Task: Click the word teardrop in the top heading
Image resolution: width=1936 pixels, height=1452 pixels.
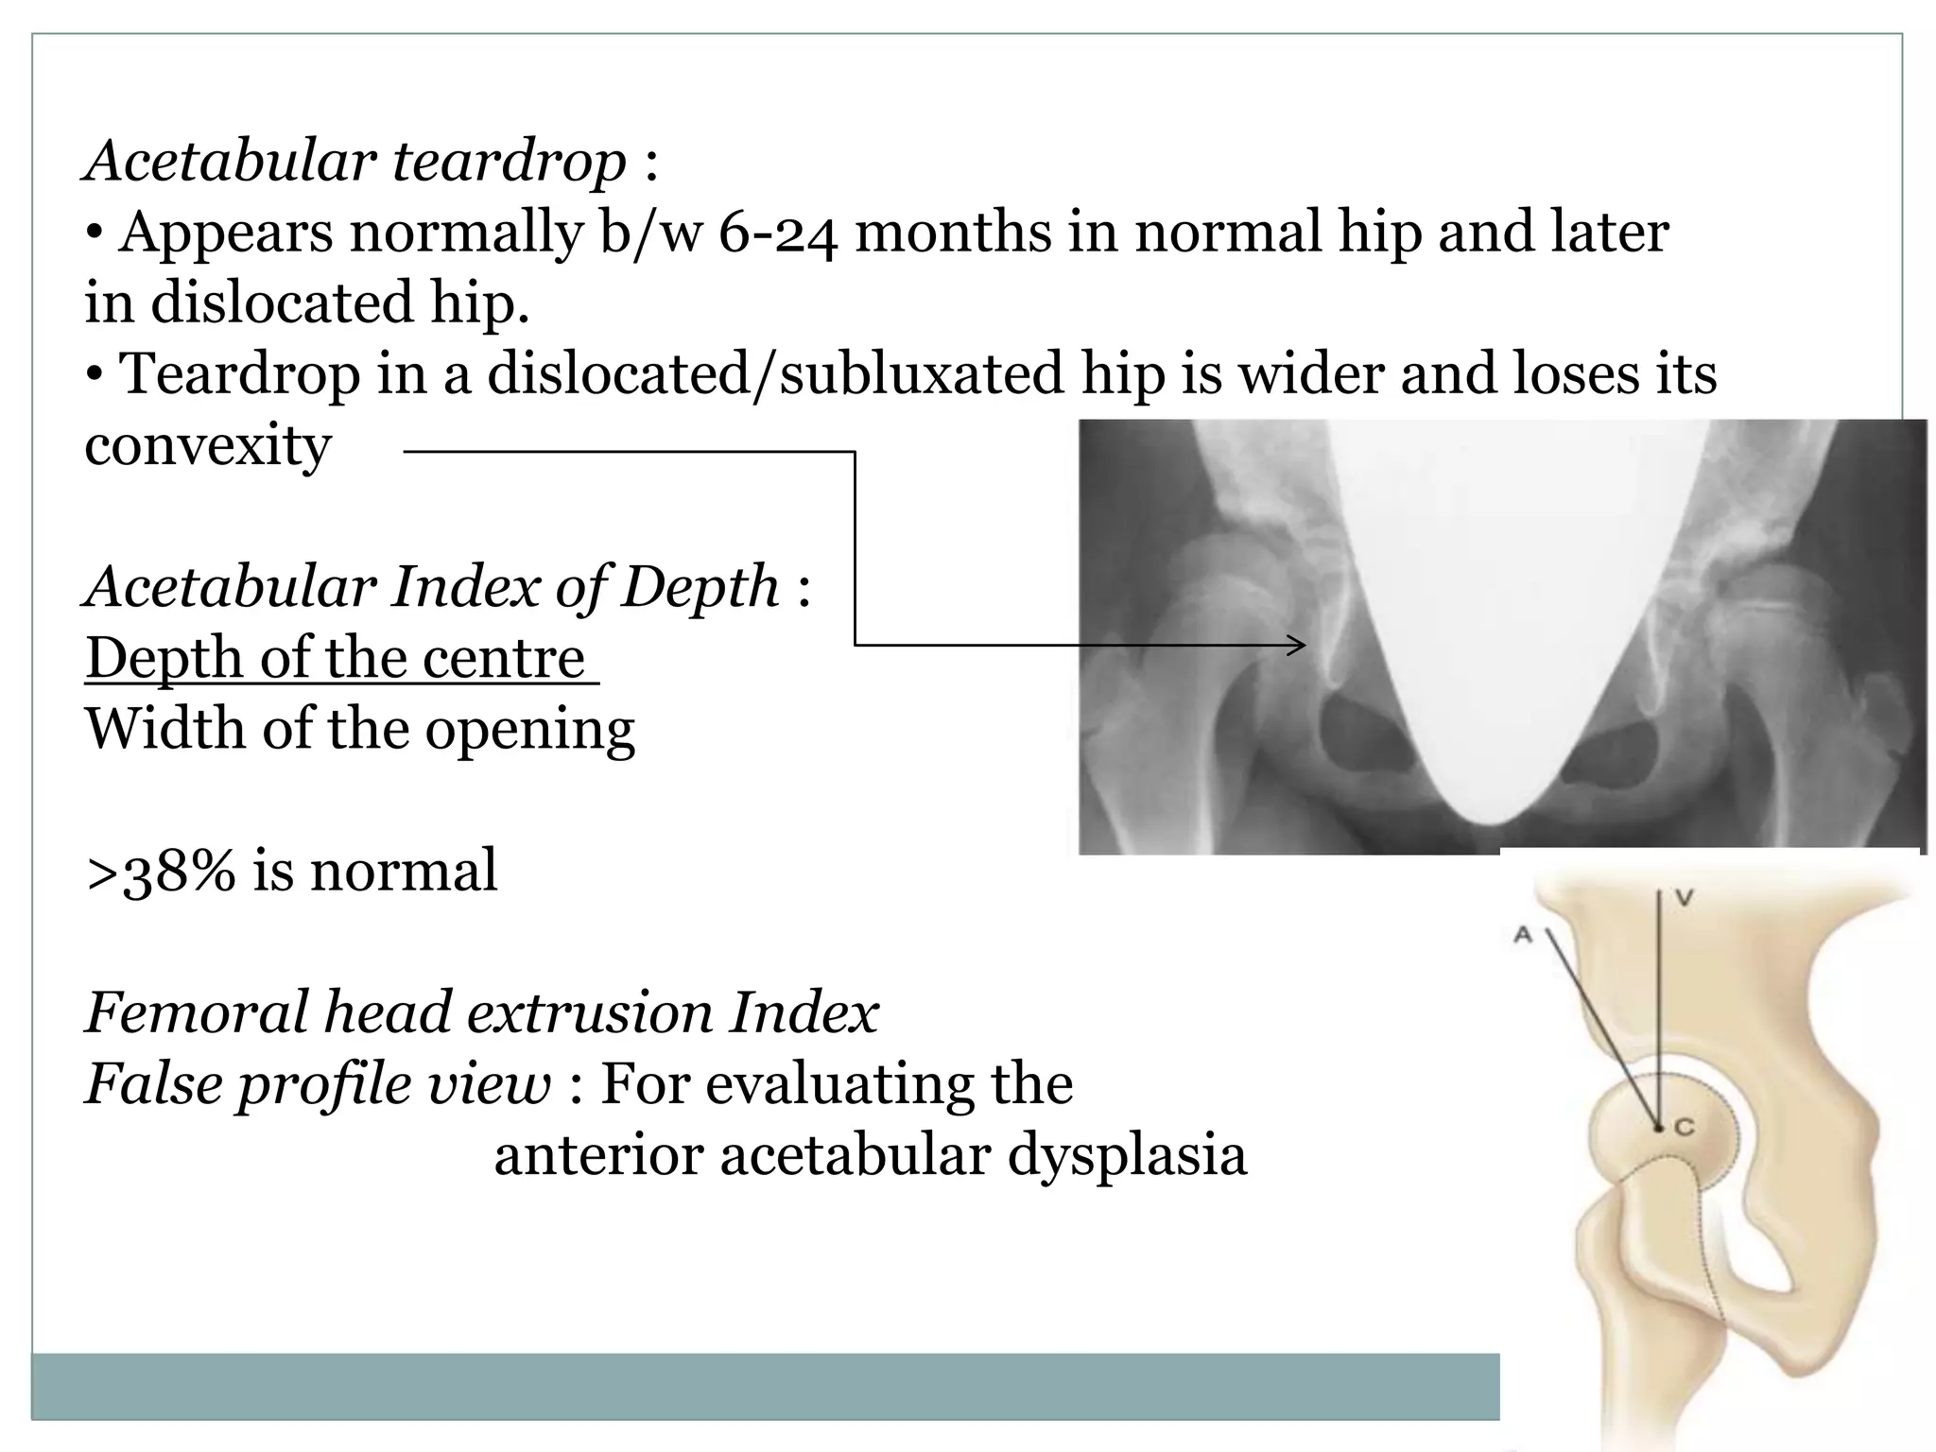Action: (x=509, y=161)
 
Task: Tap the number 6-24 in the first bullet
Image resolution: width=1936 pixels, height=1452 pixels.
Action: (x=777, y=233)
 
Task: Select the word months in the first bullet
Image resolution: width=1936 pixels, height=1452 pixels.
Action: (x=952, y=233)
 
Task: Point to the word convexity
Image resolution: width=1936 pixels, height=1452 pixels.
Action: (x=208, y=445)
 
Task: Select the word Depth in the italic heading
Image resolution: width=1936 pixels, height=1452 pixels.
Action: (x=700, y=587)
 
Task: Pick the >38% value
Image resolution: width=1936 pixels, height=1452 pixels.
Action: (x=161, y=871)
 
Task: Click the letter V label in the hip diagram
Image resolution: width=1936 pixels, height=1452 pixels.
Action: (x=1684, y=898)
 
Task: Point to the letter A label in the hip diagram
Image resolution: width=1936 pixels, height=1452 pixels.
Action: (x=1522, y=936)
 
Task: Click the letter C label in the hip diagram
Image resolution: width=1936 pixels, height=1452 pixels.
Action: (x=1685, y=1127)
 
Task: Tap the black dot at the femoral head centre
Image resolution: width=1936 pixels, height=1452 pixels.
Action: (x=1658, y=1127)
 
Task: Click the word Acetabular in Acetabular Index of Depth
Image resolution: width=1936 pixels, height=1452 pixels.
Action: (x=230, y=587)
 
